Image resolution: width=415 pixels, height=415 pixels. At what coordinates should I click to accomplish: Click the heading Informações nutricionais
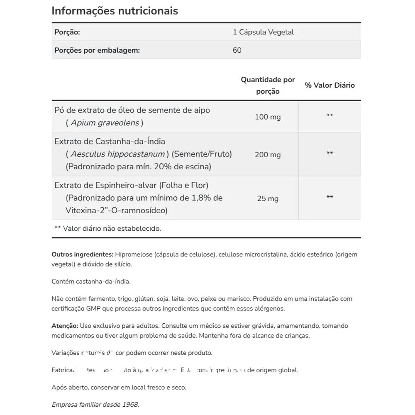[x=115, y=11]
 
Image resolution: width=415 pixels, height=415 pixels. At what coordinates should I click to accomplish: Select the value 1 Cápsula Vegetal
[x=263, y=32]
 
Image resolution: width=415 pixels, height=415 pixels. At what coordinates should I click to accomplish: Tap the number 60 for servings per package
[x=237, y=50]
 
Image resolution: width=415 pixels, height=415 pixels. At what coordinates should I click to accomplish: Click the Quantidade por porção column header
[x=268, y=85]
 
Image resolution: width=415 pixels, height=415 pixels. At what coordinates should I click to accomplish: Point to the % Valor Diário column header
[x=330, y=85]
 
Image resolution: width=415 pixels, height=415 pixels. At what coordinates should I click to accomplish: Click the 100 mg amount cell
[x=268, y=117]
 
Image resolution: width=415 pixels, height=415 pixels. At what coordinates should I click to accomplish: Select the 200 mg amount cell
[x=268, y=155]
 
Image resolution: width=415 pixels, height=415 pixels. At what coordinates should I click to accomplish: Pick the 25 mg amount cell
[x=268, y=198]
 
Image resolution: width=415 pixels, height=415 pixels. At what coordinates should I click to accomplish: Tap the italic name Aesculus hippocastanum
[x=117, y=154]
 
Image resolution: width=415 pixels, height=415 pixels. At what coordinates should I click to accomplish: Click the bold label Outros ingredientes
[x=82, y=254]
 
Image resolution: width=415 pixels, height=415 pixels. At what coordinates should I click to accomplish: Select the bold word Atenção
[x=65, y=326]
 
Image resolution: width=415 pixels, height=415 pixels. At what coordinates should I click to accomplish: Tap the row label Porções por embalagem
[x=97, y=50]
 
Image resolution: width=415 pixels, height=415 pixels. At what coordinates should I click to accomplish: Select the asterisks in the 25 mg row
[x=330, y=197]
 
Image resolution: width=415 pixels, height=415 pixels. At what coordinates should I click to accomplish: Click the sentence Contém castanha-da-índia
[x=91, y=281]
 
